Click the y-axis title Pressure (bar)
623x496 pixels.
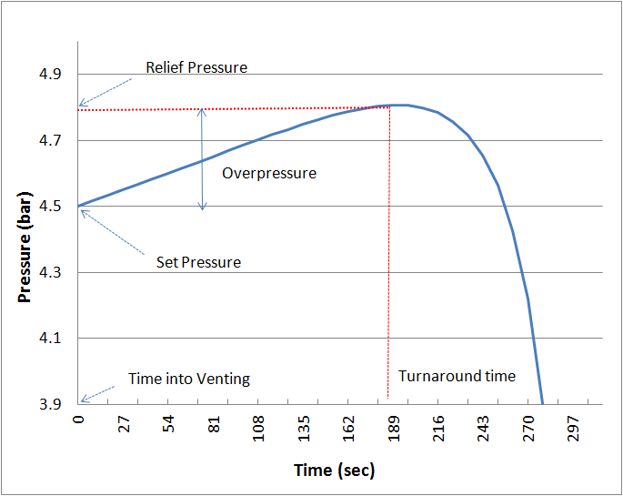click(x=25, y=238)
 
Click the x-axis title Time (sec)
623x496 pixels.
click(x=334, y=470)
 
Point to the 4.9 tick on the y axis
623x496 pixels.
click(x=54, y=75)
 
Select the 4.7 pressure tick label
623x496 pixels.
click(x=54, y=141)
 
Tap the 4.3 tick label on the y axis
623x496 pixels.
click(x=54, y=273)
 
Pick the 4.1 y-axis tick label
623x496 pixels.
click(x=54, y=339)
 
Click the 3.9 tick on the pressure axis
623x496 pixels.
click(x=54, y=404)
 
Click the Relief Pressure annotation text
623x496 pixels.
click(x=196, y=67)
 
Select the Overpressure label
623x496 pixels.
click(x=269, y=173)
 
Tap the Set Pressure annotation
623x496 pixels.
click(x=198, y=262)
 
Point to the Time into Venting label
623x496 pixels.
click(x=188, y=379)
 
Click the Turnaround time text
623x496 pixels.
click(x=457, y=376)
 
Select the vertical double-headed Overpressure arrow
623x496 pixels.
click(x=203, y=159)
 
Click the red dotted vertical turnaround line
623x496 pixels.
click(x=389, y=255)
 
